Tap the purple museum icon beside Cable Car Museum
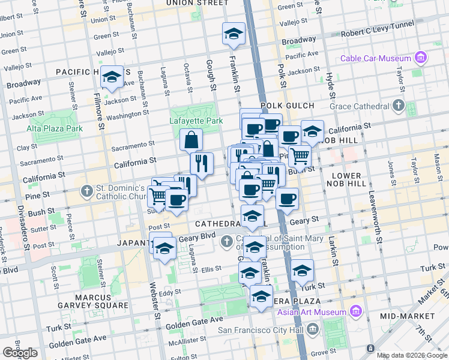pyautogui.click(x=420, y=58)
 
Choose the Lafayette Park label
pyautogui.click(x=196, y=121)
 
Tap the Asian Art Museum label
pyautogui.click(x=312, y=312)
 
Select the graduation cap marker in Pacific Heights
pyautogui.click(x=112, y=77)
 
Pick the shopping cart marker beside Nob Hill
pyautogui.click(x=300, y=157)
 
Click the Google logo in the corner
pyautogui.click(x=20, y=353)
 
